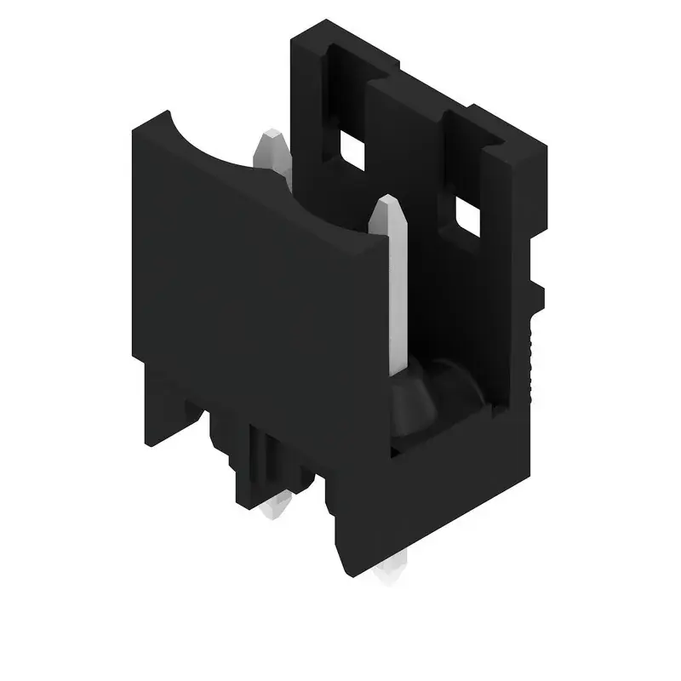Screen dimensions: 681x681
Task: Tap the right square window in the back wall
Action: point(467,216)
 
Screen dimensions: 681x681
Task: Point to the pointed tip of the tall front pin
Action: point(388,201)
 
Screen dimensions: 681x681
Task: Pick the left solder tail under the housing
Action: point(274,507)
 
